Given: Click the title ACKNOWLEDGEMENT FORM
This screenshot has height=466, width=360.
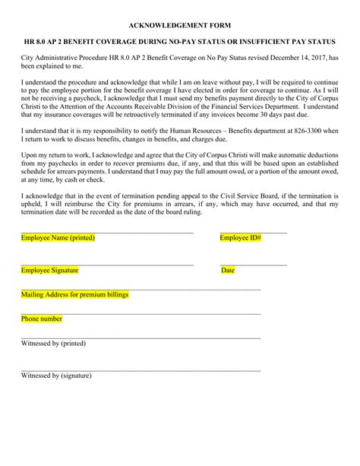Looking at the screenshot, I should (180, 25).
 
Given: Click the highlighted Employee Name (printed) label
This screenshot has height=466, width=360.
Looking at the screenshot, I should (58, 238).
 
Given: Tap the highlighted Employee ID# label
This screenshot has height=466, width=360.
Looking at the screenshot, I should (241, 238).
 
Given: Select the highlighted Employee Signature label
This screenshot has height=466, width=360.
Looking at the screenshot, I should (49, 271).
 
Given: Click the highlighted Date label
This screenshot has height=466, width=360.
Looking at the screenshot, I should (228, 271).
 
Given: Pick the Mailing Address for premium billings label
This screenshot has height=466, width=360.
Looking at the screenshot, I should (75, 294).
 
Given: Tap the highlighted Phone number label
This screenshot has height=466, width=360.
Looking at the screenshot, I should (42, 319).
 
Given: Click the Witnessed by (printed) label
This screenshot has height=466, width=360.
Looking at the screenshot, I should (53, 344).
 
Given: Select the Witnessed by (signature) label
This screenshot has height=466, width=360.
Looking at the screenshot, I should (56, 376).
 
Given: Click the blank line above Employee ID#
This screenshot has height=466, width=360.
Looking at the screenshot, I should (254, 233).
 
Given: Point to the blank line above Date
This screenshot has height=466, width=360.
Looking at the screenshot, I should (254, 265).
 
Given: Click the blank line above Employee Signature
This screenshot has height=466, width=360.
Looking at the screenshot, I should (107, 265).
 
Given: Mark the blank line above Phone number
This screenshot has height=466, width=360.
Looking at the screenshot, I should (141, 313).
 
